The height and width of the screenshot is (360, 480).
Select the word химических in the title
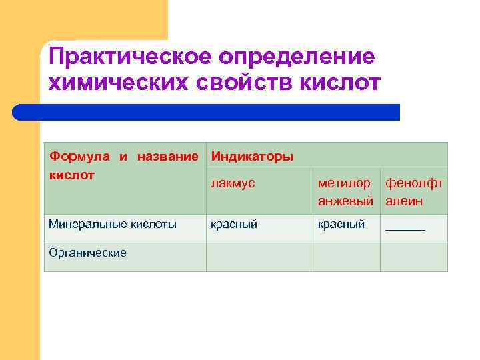(x=114, y=83)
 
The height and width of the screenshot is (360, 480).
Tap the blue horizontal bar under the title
(x=207, y=112)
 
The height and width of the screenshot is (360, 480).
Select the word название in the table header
(x=167, y=157)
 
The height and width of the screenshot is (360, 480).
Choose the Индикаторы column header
(x=251, y=157)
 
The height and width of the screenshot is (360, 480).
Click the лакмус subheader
(x=233, y=183)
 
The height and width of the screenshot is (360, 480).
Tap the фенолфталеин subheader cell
(x=413, y=192)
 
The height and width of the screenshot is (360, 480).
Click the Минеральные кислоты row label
(x=113, y=225)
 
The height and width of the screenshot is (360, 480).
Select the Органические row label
(x=87, y=253)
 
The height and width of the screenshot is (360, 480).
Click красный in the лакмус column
(x=233, y=225)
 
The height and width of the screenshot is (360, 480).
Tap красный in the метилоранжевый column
(x=341, y=225)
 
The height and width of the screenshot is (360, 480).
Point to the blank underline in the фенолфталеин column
(x=405, y=228)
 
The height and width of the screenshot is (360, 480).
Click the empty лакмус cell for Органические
(x=259, y=257)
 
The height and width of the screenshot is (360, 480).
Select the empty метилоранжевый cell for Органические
(x=346, y=257)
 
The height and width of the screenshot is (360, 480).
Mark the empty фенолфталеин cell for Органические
(x=413, y=257)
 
